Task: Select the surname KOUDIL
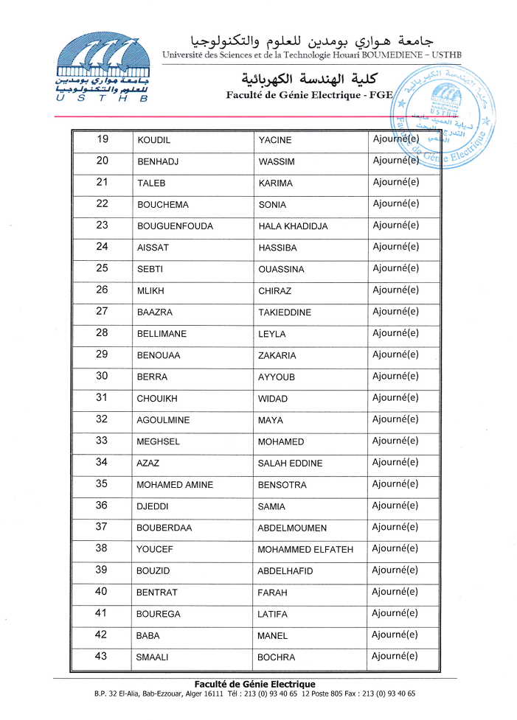click(154, 141)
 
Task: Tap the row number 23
click(102, 226)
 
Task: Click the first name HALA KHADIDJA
click(293, 226)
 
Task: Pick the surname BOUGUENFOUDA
click(175, 226)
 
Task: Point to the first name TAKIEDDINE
click(285, 312)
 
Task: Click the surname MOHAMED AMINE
click(175, 485)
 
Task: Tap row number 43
click(102, 657)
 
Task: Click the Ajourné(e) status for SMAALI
click(395, 657)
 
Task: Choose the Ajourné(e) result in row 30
click(395, 377)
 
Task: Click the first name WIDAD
click(273, 399)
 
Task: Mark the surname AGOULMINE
click(163, 420)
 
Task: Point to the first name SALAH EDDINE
click(290, 464)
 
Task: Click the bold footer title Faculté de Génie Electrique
click(254, 685)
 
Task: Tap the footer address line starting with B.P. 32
click(254, 694)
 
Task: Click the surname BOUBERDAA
click(164, 528)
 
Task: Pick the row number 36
click(102, 506)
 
